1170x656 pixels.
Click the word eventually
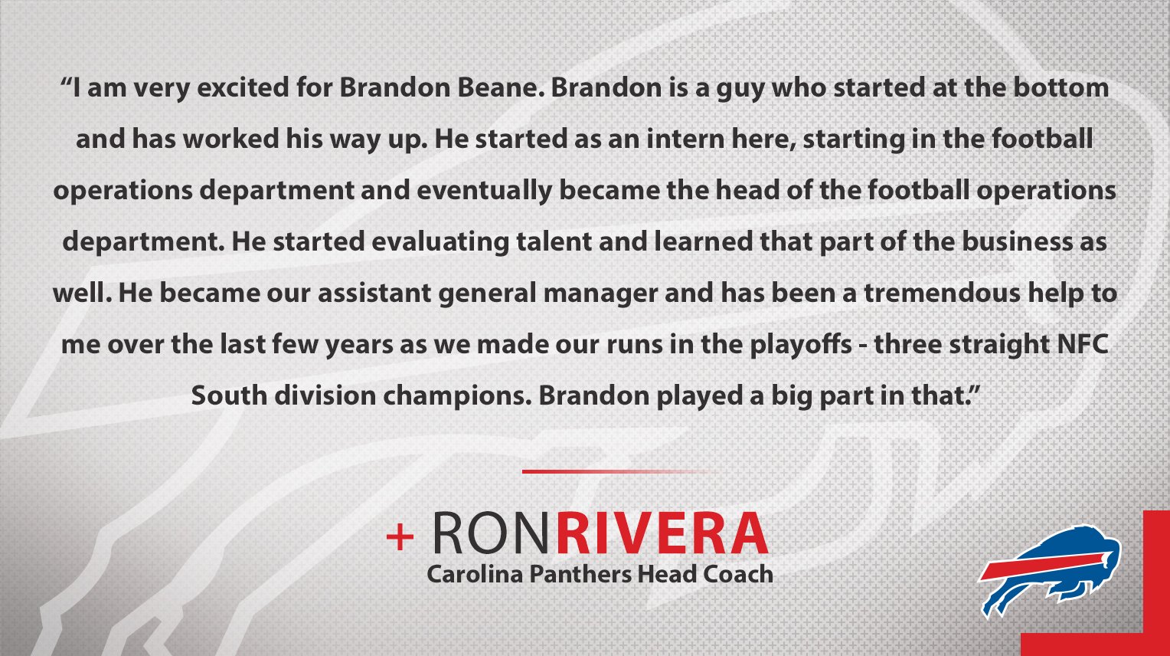(484, 190)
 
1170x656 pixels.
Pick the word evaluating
(440, 242)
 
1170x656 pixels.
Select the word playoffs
(801, 345)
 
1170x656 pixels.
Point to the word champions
(456, 396)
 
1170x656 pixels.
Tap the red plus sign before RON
(400, 536)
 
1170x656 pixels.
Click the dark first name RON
(491, 533)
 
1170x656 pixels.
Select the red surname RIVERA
(662, 533)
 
